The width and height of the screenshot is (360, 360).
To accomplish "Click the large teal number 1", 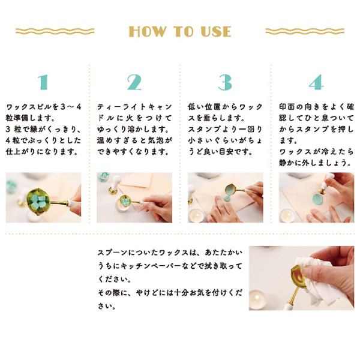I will (42, 82).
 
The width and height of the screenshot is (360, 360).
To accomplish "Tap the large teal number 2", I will (134, 82).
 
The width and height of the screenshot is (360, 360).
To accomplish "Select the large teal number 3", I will (225, 82).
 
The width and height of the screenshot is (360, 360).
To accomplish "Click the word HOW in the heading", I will (148, 32).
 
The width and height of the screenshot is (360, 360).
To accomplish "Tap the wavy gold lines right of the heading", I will (302, 31).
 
